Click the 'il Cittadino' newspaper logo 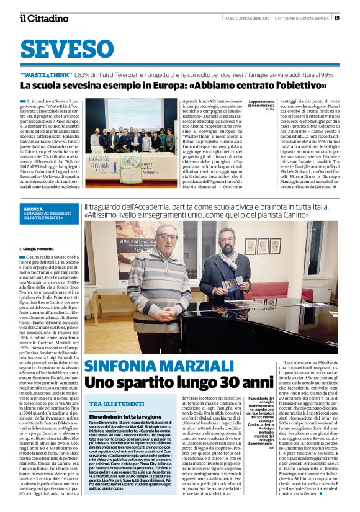43,18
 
